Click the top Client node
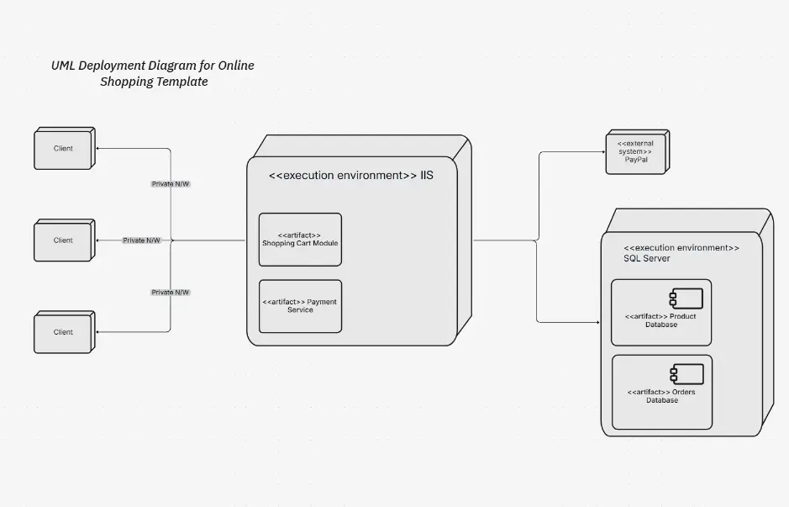pos(63,149)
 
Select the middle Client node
pos(63,240)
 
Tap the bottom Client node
pos(63,332)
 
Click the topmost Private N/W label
pos(171,183)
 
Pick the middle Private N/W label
pos(141,240)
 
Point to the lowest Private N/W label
pos(171,293)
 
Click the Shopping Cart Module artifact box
pos(300,240)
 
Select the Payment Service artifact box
pos(300,306)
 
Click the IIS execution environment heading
pos(350,176)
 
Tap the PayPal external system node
pos(636,152)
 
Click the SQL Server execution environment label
pos(681,253)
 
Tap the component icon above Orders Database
pos(674,373)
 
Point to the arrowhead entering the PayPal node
pos(602,152)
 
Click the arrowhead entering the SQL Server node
pos(597,322)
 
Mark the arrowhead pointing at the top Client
pos(97,149)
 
